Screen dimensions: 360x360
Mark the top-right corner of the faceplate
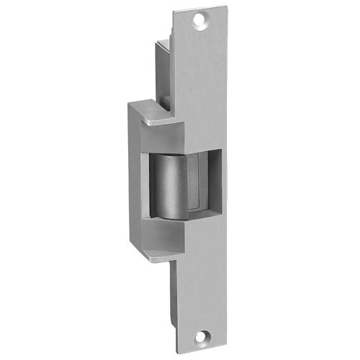(226, 7)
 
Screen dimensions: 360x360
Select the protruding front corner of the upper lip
(146, 124)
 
